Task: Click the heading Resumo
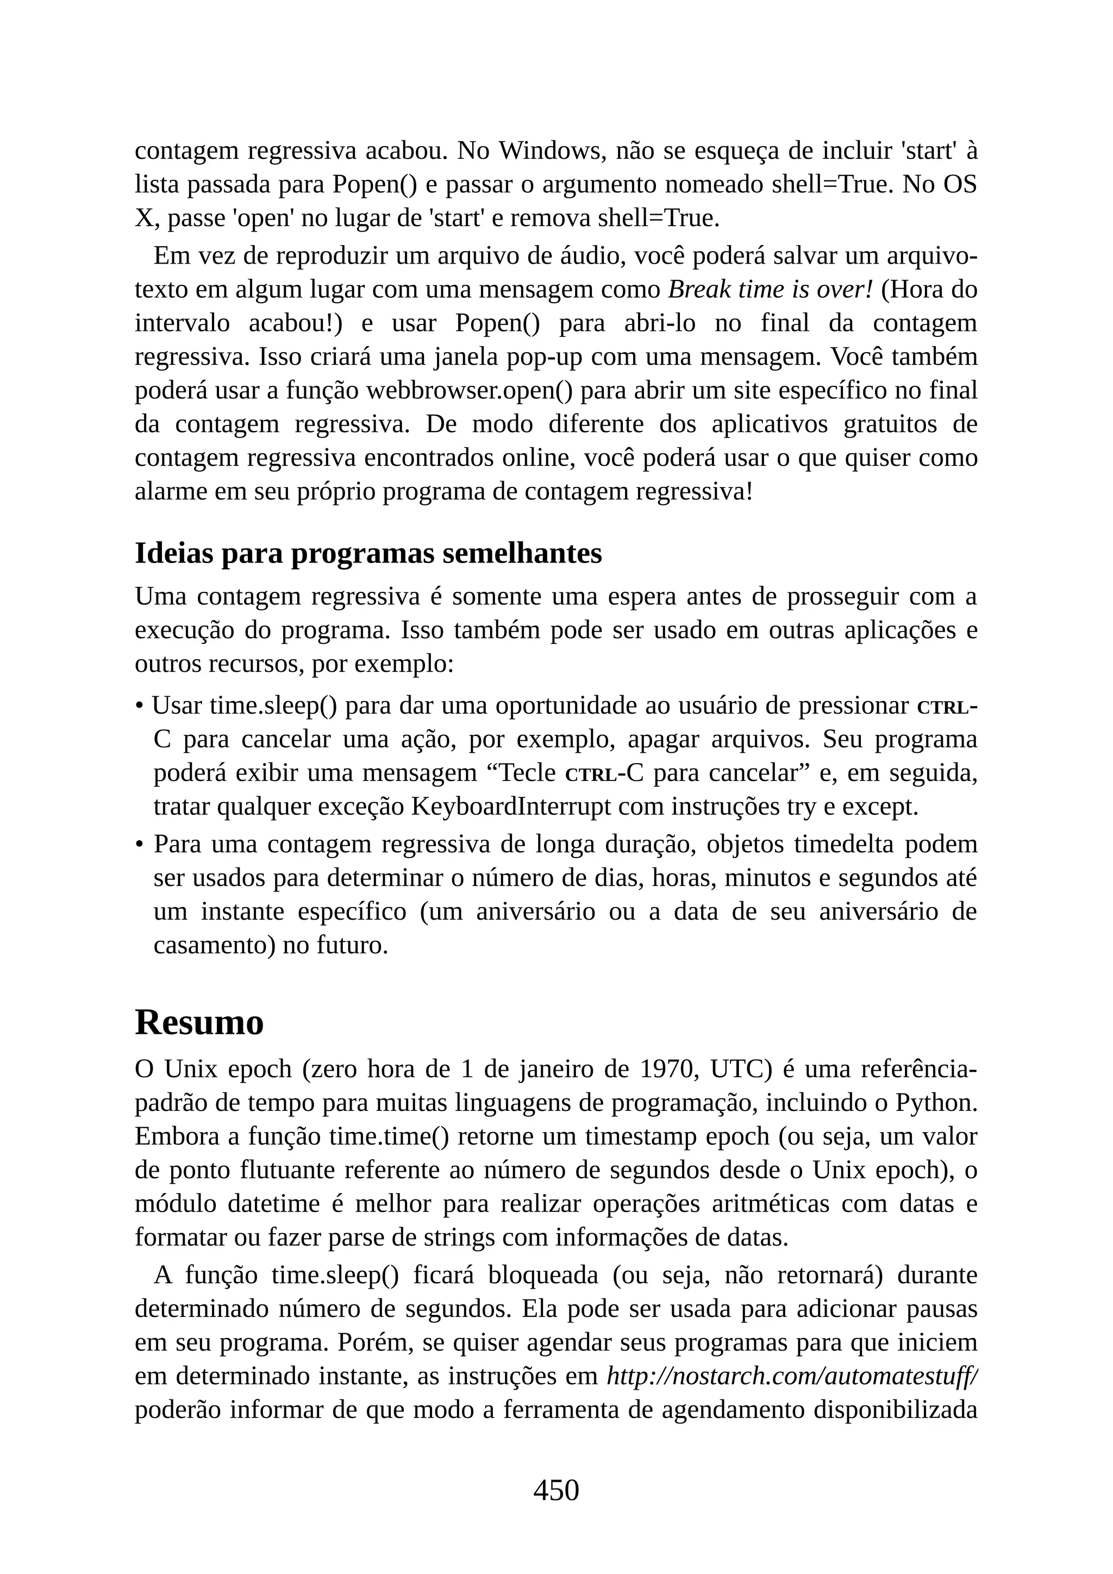(x=199, y=1022)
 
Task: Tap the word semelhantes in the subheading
(x=522, y=554)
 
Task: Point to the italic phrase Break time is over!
(x=770, y=289)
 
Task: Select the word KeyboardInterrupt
(x=511, y=807)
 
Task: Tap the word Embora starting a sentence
(x=176, y=1136)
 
